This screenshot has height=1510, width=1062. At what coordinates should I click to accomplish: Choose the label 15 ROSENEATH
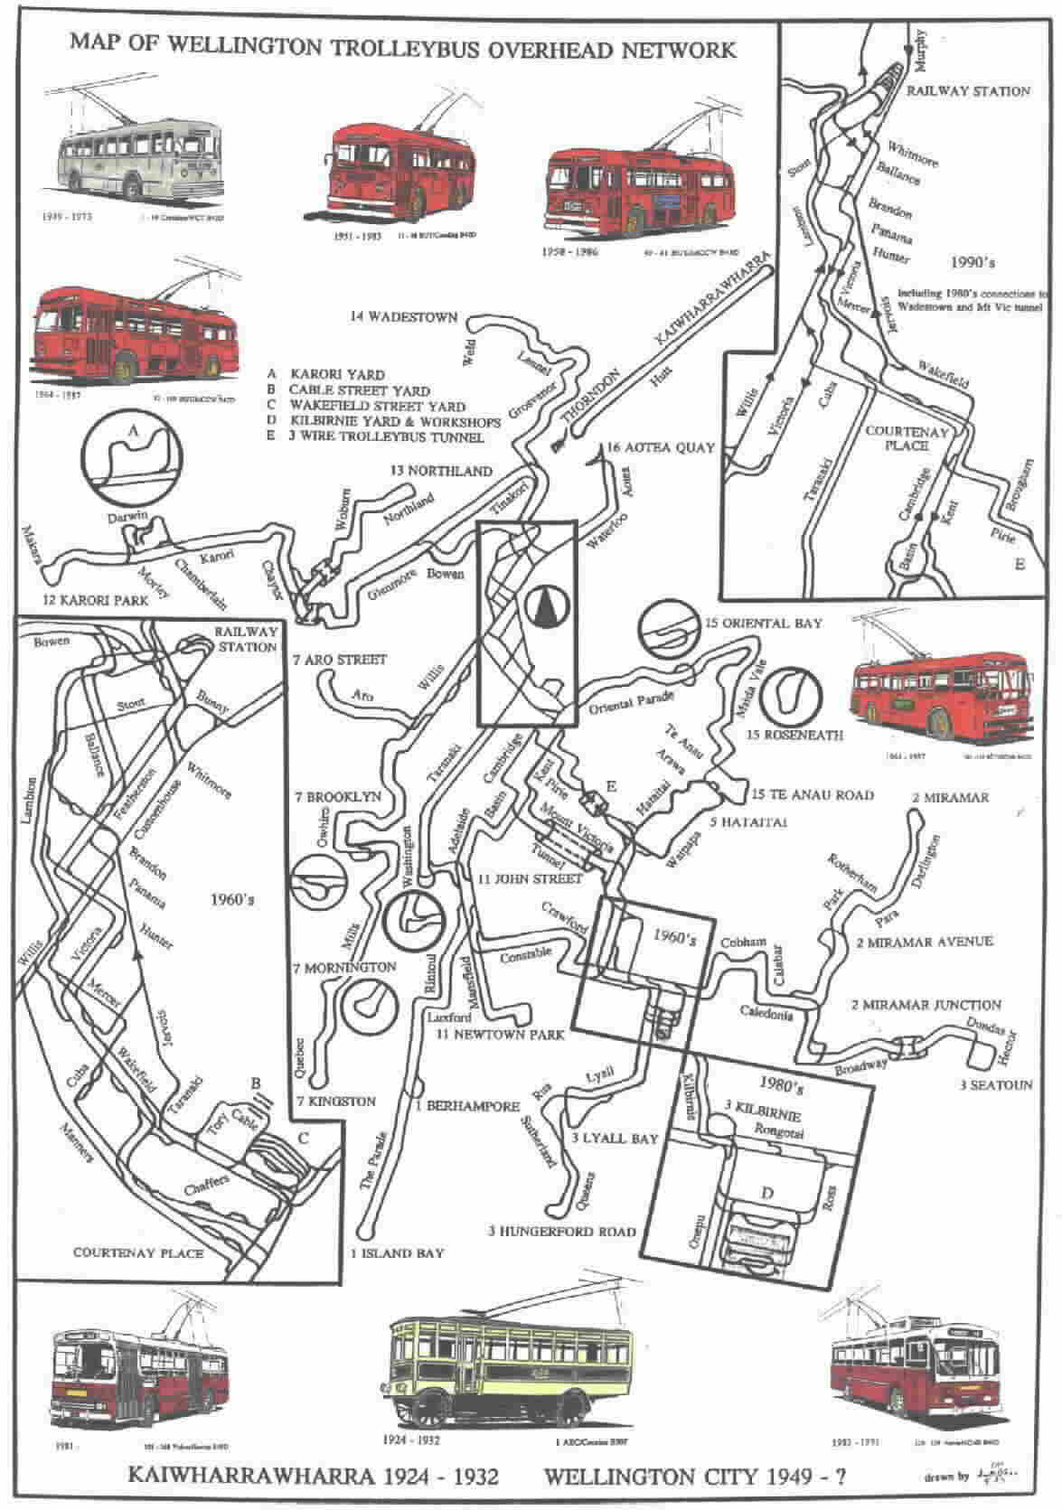[795, 735]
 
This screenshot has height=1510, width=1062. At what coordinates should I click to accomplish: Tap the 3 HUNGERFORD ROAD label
[561, 1231]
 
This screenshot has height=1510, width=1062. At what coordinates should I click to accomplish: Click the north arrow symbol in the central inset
[543, 606]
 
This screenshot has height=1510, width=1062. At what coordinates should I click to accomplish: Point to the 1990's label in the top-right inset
[973, 263]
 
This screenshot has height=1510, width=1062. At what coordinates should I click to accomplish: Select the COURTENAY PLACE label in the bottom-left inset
[138, 1252]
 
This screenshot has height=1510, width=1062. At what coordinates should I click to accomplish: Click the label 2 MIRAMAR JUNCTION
[926, 1004]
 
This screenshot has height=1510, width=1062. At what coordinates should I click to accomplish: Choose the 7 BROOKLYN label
[337, 798]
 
